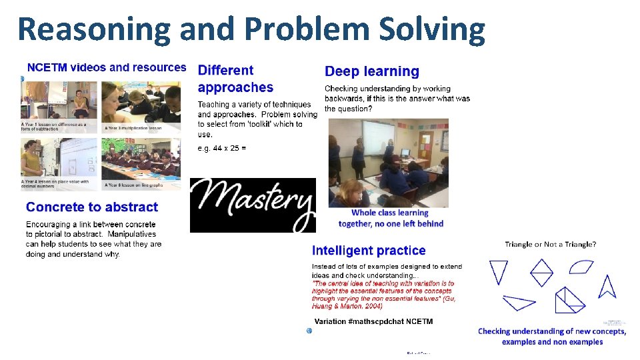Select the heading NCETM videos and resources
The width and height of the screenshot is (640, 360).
click(106, 67)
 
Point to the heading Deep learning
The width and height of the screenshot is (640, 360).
click(371, 71)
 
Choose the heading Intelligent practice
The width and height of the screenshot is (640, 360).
click(369, 251)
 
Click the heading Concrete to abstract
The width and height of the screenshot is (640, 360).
click(92, 207)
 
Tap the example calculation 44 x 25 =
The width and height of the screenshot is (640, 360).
click(222, 148)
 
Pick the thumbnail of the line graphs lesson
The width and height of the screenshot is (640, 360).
click(141, 163)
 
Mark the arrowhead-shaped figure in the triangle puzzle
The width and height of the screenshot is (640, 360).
click(607, 286)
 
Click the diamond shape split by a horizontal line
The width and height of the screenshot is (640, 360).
click(541, 272)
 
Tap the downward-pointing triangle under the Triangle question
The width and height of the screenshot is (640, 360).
click(498, 271)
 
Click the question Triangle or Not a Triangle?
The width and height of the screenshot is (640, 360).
click(550, 245)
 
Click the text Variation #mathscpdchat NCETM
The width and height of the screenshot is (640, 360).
click(373, 321)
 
